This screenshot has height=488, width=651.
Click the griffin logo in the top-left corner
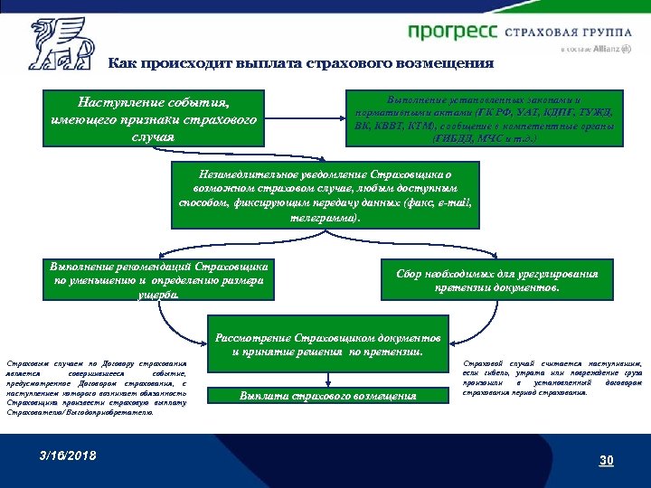coord(60,43)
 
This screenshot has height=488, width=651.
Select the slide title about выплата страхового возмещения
coord(300,63)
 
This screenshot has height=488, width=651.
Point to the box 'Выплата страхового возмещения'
coord(328,395)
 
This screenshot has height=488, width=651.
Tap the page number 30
coord(606,461)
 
